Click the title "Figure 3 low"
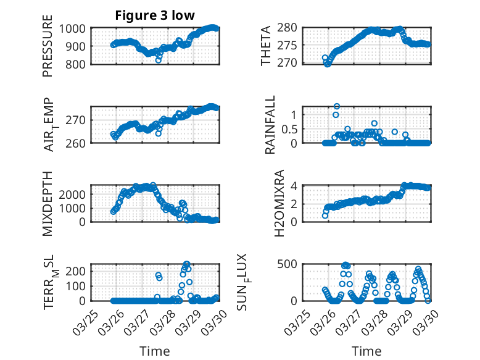(155, 15)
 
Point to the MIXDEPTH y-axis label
(48, 203)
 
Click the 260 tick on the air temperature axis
(78, 143)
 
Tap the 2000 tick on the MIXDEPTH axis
(74, 194)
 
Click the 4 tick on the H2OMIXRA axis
(295, 186)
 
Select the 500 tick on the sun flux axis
(291, 265)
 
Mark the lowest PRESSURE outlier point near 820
(159, 60)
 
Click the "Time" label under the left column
(154, 351)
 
